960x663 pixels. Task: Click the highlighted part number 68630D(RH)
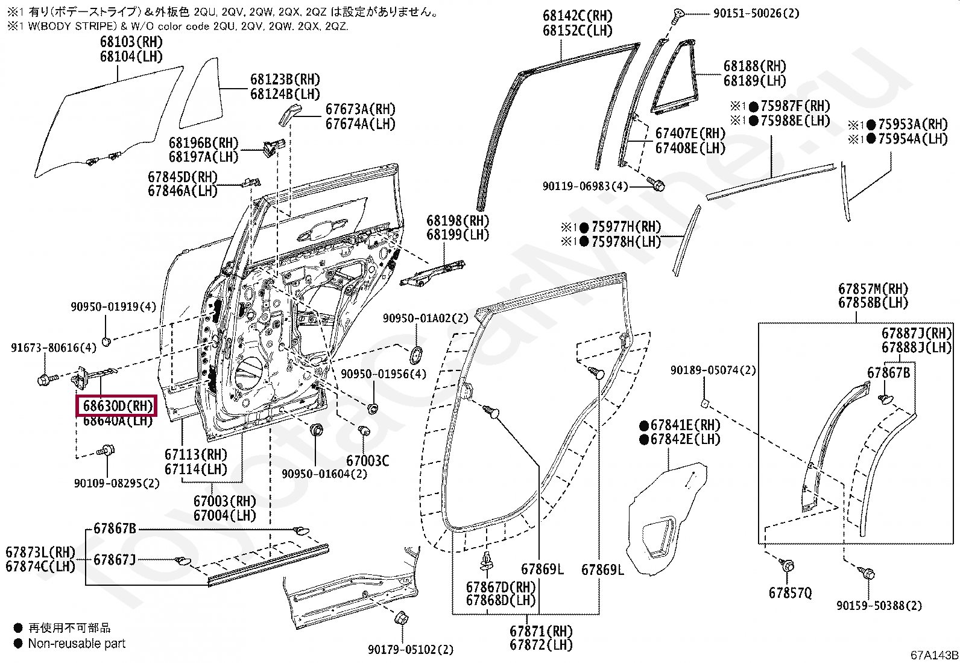tap(117, 406)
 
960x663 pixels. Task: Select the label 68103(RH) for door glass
tap(131, 42)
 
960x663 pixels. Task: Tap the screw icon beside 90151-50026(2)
tap(678, 14)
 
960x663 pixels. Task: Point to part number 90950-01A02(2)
tap(425, 318)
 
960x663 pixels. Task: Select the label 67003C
tap(367, 461)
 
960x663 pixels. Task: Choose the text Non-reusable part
tap(77, 644)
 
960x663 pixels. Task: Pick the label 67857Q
tap(790, 593)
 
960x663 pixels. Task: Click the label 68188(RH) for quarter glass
tap(754, 66)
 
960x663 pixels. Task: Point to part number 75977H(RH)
tap(626, 227)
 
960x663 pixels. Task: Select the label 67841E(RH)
tap(685, 425)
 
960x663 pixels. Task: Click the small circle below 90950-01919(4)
tap(106, 341)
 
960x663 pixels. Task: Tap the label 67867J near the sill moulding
tap(115, 560)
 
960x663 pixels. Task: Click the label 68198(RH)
tap(458, 221)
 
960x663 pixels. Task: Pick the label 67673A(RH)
tap(360, 109)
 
